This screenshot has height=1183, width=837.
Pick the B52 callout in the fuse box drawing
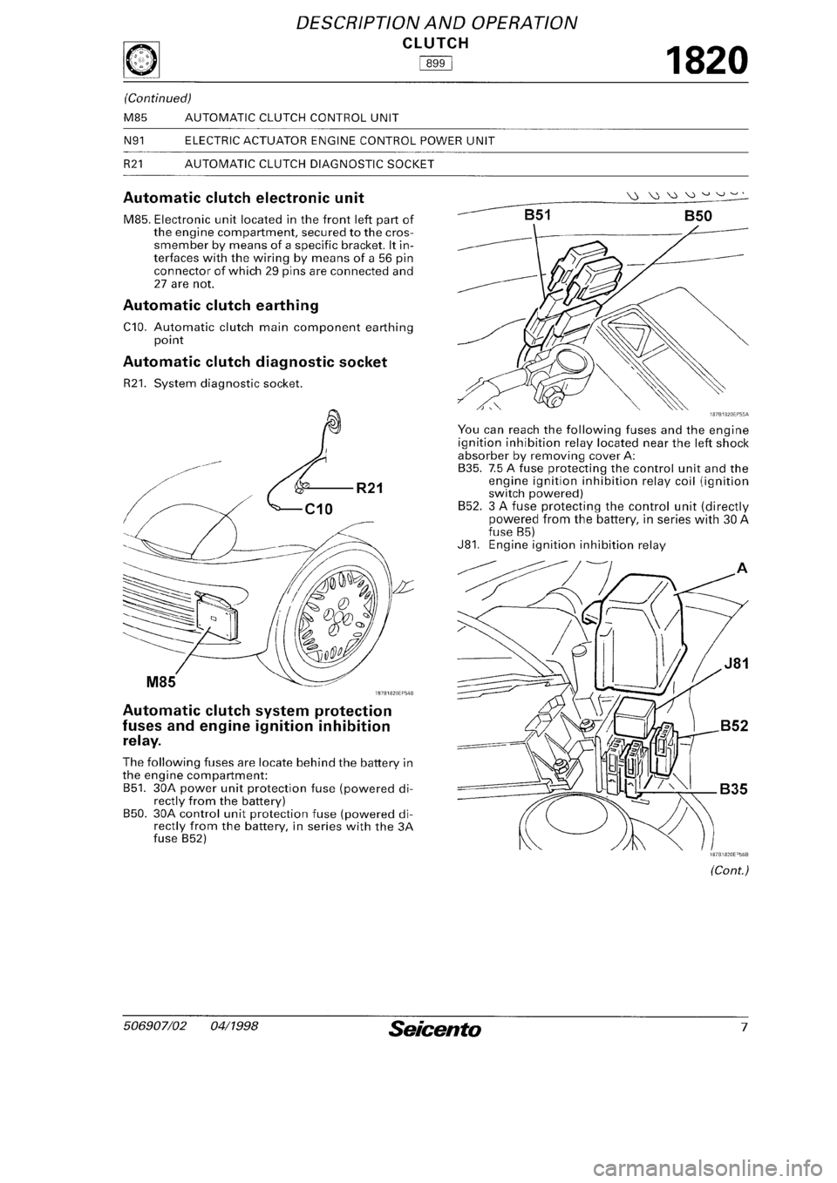[x=736, y=730]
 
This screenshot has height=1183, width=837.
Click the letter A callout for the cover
[x=741, y=569]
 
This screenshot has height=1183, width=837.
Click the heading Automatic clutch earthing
[x=221, y=306]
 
